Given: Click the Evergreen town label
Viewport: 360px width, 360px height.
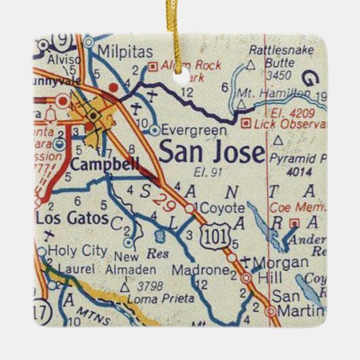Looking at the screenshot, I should coord(187,128).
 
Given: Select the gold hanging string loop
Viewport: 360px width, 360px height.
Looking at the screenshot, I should coord(180,17).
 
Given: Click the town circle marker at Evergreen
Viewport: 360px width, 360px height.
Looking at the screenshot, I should coord(156,128).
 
